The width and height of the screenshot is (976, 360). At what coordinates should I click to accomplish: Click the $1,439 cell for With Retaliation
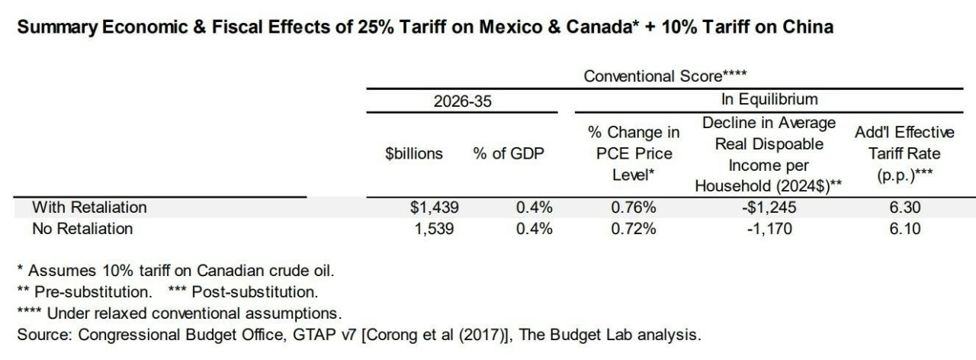coord(435,207)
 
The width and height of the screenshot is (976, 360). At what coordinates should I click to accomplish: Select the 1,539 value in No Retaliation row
coord(435,228)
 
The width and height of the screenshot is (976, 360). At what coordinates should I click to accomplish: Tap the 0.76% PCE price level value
coord(634,207)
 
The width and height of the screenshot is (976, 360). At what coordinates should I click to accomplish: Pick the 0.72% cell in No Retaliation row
coord(634,228)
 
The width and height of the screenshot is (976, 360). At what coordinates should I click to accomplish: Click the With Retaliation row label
coord(89,207)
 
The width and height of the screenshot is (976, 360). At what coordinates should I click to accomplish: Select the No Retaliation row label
coord(82,228)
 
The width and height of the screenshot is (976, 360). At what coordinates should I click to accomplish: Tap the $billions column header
coord(414,153)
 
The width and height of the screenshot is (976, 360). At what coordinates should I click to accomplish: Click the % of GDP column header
coord(509,153)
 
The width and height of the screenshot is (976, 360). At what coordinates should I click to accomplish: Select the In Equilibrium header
coord(769,100)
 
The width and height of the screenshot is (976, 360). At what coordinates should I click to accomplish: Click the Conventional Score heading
coord(665,76)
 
